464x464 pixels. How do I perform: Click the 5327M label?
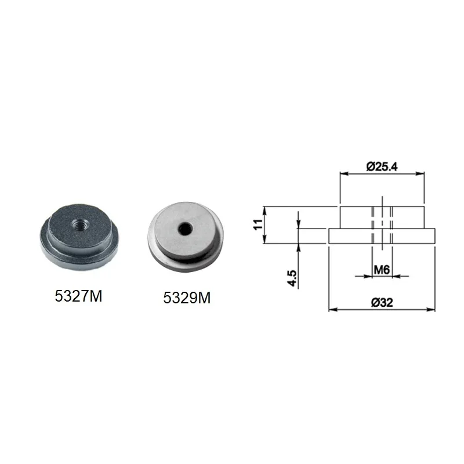tap(78, 296)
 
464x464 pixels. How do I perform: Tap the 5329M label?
tap(187, 298)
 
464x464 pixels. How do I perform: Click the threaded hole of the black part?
tap(78, 226)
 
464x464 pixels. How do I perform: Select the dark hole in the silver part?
tap(185, 229)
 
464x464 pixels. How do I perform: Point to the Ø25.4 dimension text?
tap(382, 167)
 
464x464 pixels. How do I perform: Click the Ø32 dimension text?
tap(382, 302)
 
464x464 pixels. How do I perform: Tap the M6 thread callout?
tap(382, 270)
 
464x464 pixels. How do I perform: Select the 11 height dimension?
tap(258, 224)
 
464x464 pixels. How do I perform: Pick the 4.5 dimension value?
tap(292, 278)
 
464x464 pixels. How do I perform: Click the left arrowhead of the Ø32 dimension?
tap(333, 310)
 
